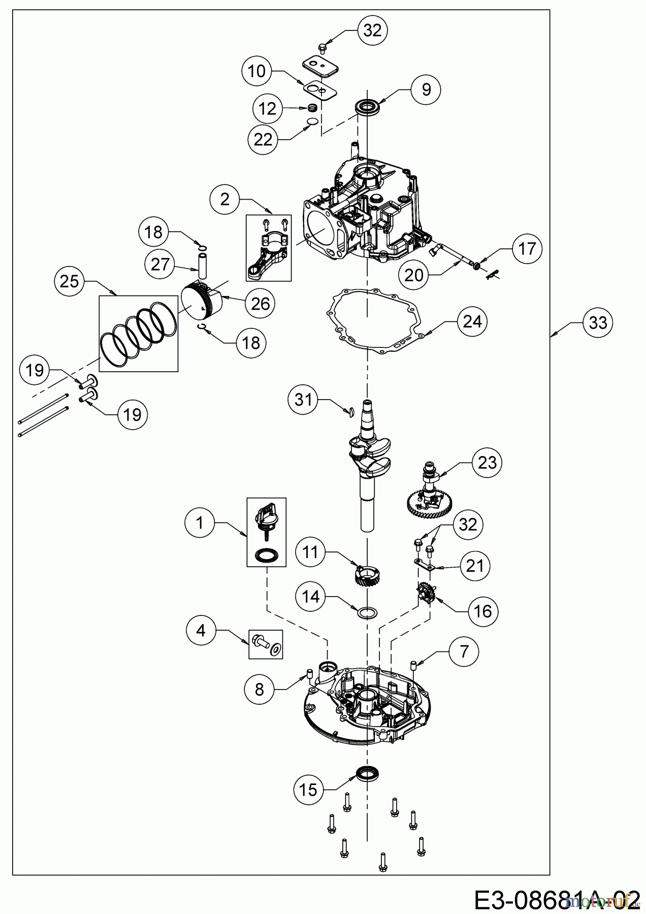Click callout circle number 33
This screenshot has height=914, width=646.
pyautogui.click(x=598, y=322)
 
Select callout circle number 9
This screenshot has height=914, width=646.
pyautogui.click(x=426, y=90)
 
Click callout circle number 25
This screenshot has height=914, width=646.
pyautogui.click(x=70, y=281)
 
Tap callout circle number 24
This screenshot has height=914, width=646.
pyautogui.click(x=472, y=321)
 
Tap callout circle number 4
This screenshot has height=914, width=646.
pyautogui.click(x=201, y=631)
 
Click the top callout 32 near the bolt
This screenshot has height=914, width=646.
pyautogui.click(x=372, y=30)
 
